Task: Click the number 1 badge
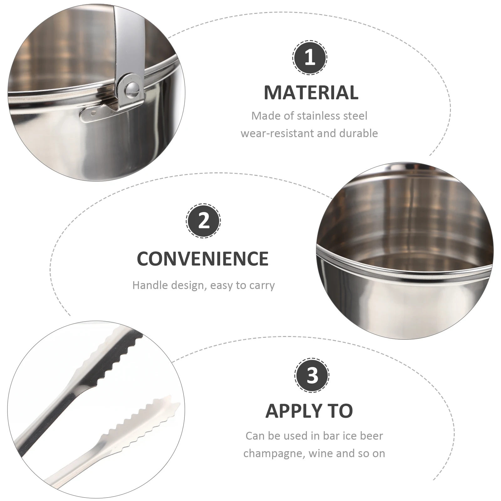coord(310,58)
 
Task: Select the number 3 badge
coord(312,375)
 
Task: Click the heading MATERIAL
coord(311,92)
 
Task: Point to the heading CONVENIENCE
coord(203,259)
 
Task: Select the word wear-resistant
coord(277,133)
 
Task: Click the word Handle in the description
coord(148,285)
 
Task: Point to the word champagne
coord(274,453)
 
